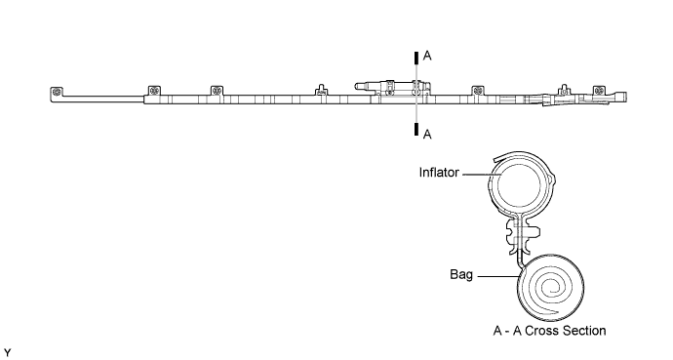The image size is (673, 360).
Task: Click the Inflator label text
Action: pyautogui.click(x=439, y=173)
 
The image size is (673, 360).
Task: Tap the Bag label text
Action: pyautogui.click(x=461, y=276)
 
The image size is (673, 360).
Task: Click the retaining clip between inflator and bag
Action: pyautogui.click(x=517, y=231)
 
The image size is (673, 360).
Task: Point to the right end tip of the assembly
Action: pyautogui.click(x=624, y=96)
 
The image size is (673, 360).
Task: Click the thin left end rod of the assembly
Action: pyautogui.click(x=98, y=98)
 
